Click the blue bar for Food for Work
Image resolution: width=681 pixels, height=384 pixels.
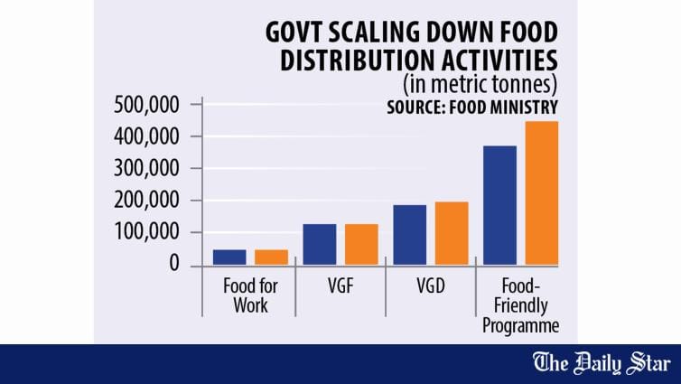tap(229, 258)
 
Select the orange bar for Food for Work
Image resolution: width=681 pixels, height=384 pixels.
tap(271, 258)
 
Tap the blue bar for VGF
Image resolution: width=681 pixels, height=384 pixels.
tap(319, 244)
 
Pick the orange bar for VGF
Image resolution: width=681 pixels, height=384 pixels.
tap(361, 244)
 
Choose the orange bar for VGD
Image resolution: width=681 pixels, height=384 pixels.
tap(452, 233)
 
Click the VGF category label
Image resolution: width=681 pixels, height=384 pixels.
tap(340, 286)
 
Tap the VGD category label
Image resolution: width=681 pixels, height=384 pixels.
tap(430, 286)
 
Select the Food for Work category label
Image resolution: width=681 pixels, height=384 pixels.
tap(250, 295)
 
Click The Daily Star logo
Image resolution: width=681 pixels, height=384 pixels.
tap(602, 363)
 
